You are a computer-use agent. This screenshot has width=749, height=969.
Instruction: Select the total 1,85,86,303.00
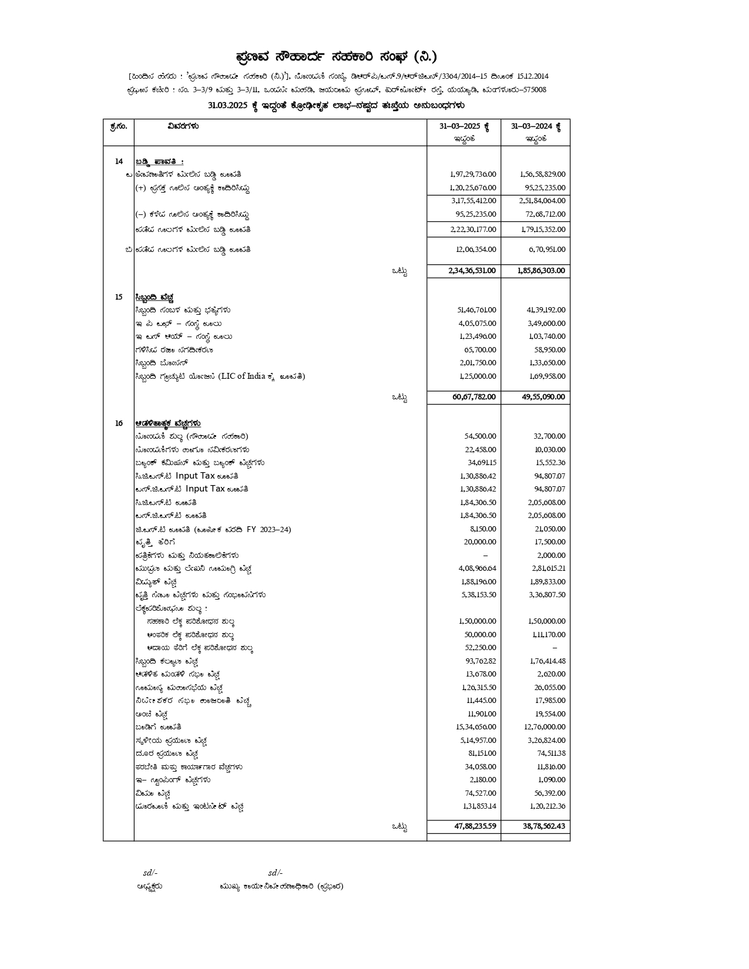[541, 271]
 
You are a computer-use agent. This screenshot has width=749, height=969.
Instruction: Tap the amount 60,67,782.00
[473, 397]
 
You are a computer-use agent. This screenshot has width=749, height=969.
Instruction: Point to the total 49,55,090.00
[543, 397]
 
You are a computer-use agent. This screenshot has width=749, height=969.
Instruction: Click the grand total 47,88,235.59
[475, 826]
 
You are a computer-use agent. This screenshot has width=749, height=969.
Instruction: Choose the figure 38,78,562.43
[543, 826]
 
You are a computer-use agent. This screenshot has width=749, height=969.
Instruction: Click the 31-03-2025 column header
[464, 126]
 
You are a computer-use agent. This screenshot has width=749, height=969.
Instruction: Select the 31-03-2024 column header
[535, 126]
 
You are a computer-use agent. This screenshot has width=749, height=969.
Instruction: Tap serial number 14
[119, 161]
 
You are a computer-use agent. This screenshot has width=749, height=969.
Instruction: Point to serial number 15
[119, 297]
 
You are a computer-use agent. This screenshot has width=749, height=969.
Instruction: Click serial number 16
[119, 423]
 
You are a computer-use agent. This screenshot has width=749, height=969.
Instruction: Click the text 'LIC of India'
[242, 376]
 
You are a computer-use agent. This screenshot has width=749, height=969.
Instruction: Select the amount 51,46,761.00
[476, 310]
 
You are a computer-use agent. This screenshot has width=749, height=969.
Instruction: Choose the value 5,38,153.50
[477, 595]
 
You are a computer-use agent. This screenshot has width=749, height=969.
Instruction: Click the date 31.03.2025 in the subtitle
[229, 106]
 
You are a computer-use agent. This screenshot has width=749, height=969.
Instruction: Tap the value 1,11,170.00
[547, 635]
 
